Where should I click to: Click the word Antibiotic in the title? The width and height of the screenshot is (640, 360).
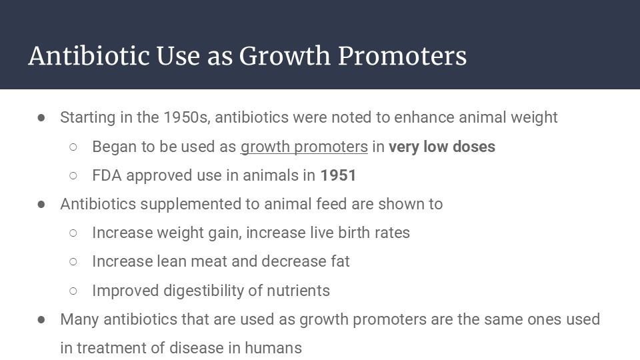89,55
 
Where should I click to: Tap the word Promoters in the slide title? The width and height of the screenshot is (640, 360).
402,55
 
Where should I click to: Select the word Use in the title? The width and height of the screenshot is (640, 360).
178,55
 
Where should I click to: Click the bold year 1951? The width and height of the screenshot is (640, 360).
338,175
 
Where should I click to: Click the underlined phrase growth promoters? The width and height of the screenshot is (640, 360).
304,147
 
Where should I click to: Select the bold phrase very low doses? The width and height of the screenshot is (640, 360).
441,147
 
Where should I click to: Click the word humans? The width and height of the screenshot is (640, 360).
273,348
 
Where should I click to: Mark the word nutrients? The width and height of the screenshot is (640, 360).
298,291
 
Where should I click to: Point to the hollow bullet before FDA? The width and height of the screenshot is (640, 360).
73,176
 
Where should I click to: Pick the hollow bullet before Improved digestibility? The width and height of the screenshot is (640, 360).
73,291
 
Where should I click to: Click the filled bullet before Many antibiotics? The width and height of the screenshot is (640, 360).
41,320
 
